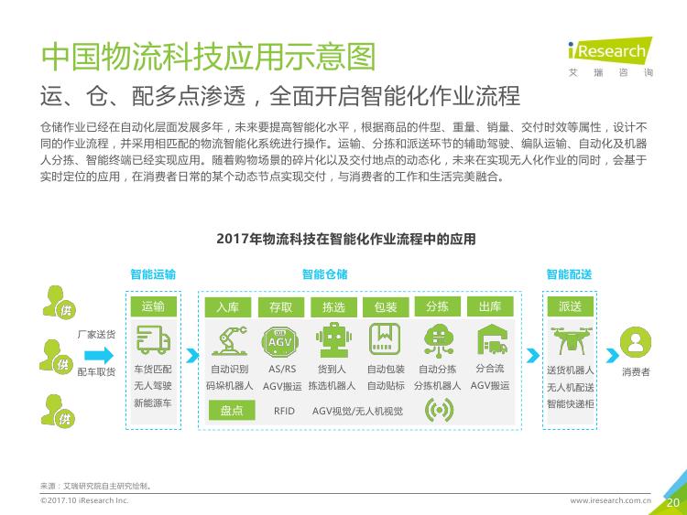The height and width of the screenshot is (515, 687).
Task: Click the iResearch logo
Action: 610,57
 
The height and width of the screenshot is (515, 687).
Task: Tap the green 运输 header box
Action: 153,306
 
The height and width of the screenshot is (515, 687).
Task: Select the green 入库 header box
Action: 228,306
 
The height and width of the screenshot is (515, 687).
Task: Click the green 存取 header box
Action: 281,306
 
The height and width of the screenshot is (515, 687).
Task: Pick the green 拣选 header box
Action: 333,306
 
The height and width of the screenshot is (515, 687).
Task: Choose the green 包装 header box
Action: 386,306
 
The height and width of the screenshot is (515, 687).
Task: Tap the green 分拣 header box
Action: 437,306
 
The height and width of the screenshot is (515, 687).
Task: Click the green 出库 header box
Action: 490,306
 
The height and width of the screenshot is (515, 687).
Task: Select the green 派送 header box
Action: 570,306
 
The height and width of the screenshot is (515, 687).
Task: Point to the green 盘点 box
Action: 232,411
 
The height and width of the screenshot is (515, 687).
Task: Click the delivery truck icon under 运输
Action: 153,339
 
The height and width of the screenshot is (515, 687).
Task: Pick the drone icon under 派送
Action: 571,340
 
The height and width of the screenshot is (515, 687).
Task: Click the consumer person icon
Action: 636,342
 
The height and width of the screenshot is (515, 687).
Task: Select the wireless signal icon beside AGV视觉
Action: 439,410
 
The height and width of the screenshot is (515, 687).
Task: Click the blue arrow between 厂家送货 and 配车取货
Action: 99,355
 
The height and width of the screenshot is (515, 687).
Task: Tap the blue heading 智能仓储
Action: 324,274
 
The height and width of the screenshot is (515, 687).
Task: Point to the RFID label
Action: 284,411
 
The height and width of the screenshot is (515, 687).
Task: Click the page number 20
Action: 673,502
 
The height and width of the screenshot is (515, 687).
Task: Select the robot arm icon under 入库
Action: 229,341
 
